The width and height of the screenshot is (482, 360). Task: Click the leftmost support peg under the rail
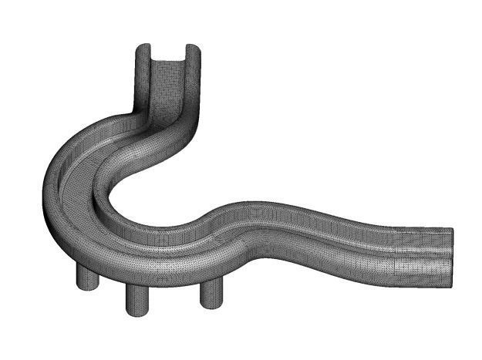pyautogui.click(x=87, y=277)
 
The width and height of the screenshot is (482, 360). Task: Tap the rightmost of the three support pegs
pyautogui.click(x=211, y=292)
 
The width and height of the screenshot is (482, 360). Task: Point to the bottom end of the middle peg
pyautogui.click(x=137, y=312)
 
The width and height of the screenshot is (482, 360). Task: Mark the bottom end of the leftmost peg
pyautogui.click(x=87, y=288)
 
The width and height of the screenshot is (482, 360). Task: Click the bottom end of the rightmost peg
pyautogui.click(x=211, y=306)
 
